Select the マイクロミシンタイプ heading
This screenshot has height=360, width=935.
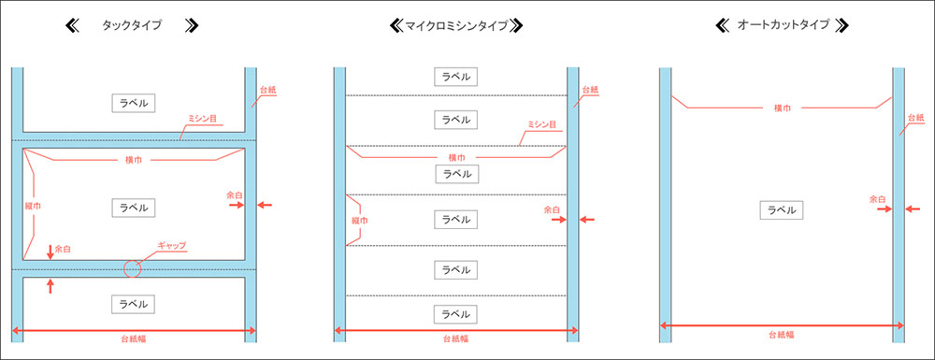click(454, 26)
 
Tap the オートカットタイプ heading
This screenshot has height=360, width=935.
click(784, 26)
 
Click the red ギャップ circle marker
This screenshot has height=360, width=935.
click(131, 268)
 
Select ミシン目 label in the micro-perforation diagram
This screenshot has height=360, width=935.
click(542, 124)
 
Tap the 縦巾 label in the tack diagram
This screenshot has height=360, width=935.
click(32, 205)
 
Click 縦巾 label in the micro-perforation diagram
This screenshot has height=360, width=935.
click(357, 221)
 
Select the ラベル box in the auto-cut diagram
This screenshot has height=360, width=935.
click(781, 210)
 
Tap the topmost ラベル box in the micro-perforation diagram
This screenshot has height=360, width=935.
click(455, 77)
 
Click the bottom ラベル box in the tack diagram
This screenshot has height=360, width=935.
click(132, 304)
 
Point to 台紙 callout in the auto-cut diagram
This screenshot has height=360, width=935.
click(914, 119)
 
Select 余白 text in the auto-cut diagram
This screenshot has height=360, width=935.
click(877, 198)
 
